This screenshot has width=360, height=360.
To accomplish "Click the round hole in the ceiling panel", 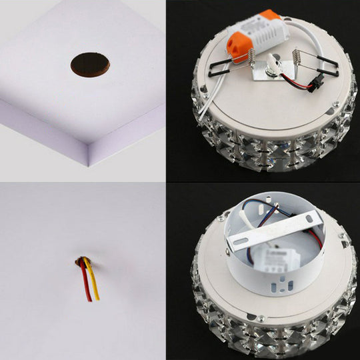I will tap(90, 63).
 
